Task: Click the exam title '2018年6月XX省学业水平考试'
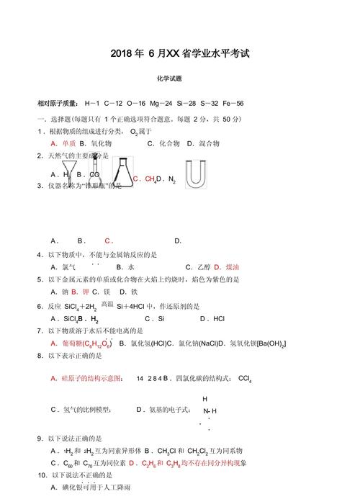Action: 180,54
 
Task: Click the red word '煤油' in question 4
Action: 232,266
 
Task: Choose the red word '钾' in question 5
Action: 86,292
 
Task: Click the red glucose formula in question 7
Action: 88,343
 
